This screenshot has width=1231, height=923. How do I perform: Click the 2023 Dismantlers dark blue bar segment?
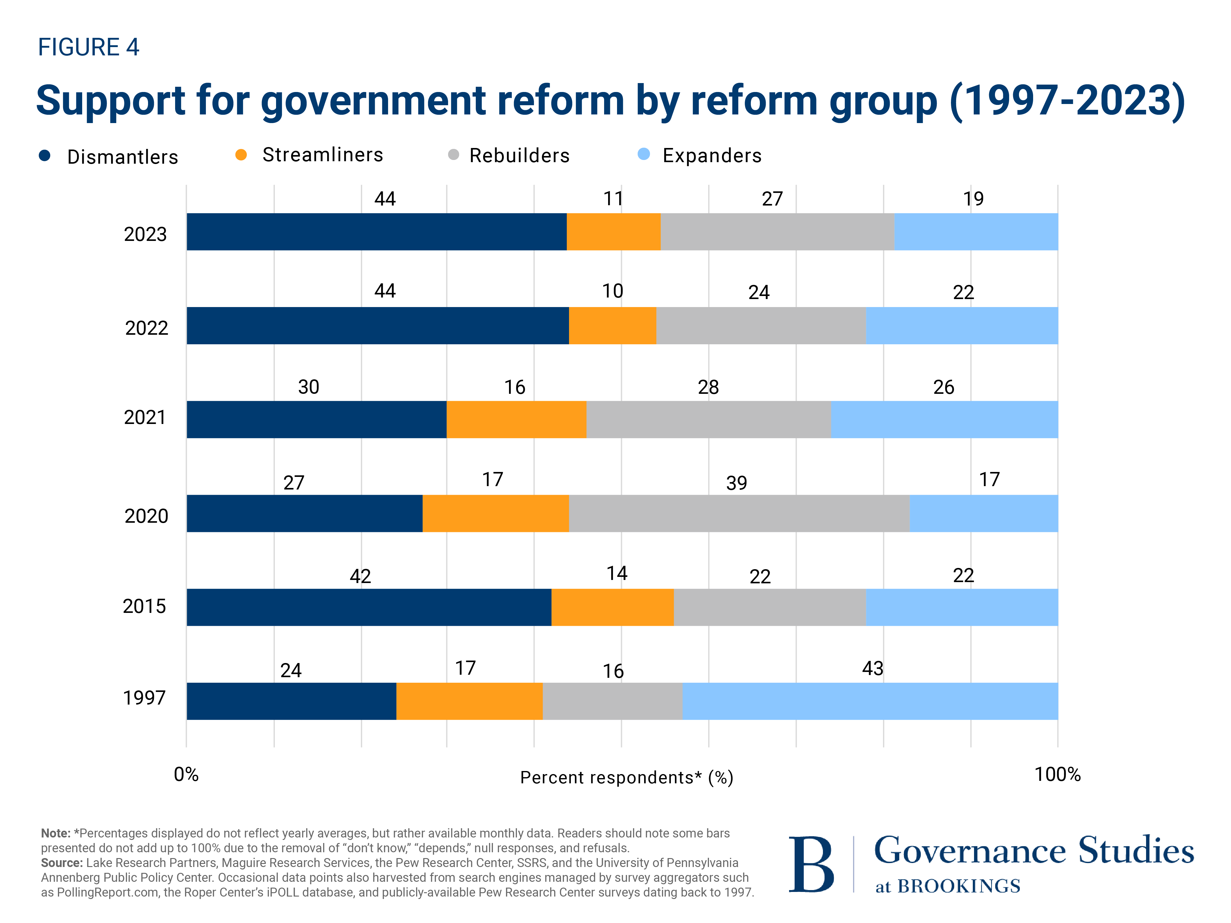376,231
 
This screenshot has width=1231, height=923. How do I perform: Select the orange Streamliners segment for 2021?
516,419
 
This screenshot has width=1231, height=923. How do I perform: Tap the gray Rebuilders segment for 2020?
739,513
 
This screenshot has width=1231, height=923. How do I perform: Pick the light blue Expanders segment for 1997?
869,701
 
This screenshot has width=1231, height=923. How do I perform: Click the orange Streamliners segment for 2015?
612,607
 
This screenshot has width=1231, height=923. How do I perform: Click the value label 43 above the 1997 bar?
872,668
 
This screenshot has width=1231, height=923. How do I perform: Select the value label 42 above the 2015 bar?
360,576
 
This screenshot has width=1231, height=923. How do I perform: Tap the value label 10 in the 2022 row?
612,291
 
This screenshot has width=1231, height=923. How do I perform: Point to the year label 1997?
144,698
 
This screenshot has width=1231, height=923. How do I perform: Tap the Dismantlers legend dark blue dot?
45,156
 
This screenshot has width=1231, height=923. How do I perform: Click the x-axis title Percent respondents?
626,777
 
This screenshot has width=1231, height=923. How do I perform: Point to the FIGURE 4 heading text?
88,47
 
